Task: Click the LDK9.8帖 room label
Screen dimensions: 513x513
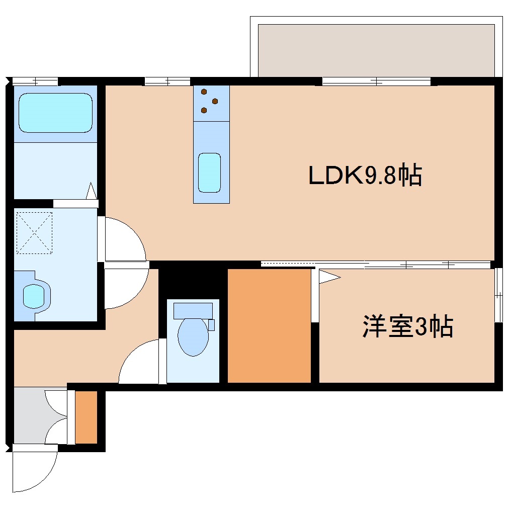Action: [x=365, y=176]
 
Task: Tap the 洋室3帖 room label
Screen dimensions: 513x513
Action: [x=407, y=327]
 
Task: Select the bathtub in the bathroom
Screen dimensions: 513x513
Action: [x=55, y=113]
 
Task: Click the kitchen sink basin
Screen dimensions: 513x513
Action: [x=209, y=173]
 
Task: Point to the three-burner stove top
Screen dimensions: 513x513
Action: [x=211, y=103]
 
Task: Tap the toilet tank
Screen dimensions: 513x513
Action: [x=193, y=310]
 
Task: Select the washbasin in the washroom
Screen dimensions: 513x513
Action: [x=34, y=296]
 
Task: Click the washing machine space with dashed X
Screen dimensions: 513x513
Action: [x=35, y=232]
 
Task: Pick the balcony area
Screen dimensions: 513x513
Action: [x=376, y=50]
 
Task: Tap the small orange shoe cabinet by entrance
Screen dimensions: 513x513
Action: [x=86, y=417]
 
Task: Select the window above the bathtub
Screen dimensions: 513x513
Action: [x=35, y=81]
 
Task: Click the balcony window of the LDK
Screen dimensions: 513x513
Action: [x=376, y=81]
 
